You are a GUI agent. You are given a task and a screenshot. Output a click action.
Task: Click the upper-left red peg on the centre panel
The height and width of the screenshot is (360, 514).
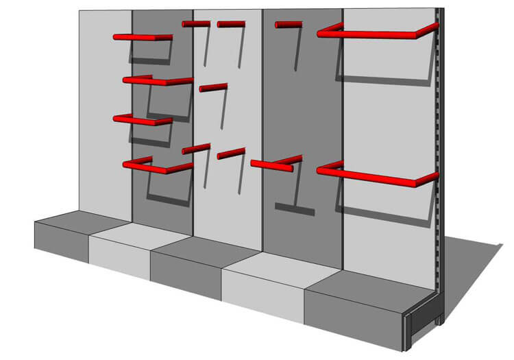click(196, 24)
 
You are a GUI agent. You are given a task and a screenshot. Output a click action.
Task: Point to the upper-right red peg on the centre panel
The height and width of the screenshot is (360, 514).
click(231, 24)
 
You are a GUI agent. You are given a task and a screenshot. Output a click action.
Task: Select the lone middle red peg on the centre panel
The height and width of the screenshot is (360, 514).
click(213, 87)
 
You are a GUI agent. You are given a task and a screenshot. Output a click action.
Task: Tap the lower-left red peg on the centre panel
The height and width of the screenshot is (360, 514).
click(196, 148)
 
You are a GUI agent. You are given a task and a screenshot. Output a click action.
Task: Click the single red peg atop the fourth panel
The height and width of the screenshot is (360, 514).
click(289, 25)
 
